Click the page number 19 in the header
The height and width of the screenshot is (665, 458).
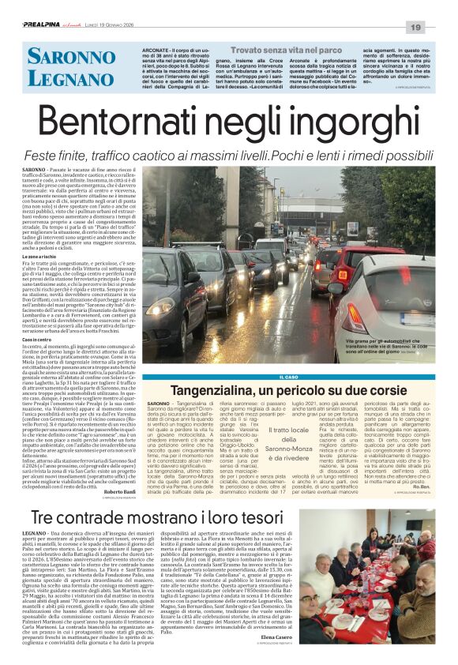(x=437, y=28)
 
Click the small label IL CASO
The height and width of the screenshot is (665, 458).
(x=288, y=377)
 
